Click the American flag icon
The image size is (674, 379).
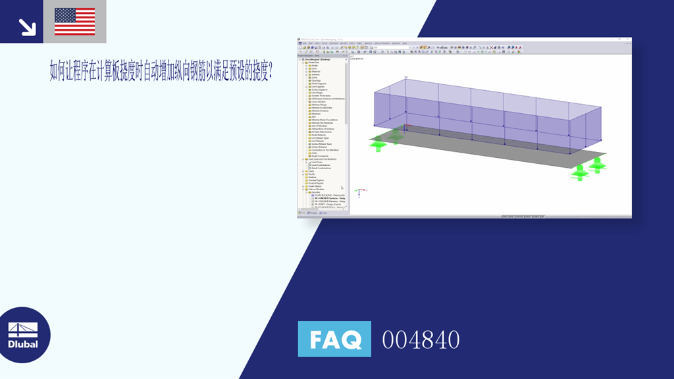coord(75,21)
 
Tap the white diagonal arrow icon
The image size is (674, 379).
coord(27,26)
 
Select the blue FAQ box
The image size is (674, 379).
coord(334,339)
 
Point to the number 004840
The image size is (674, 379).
coord(421,340)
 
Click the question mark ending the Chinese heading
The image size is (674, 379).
coord(271,72)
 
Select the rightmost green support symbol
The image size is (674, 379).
coord(598,164)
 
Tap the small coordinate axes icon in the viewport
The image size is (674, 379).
coord(359,192)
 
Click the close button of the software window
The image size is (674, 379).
coord(629,39)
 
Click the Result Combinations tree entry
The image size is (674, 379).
coord(321,168)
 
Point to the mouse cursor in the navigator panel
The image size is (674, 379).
coord(342,188)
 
